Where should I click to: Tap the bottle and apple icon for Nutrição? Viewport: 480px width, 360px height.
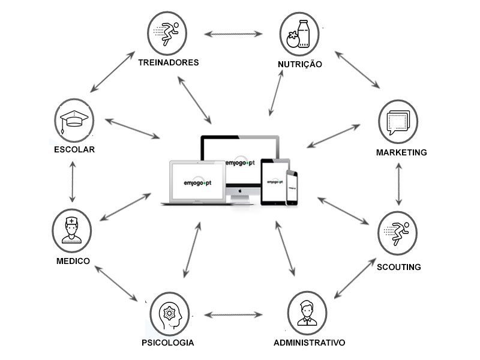(299, 34)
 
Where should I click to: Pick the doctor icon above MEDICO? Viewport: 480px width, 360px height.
(71, 229)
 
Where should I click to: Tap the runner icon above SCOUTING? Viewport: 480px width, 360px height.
(397, 232)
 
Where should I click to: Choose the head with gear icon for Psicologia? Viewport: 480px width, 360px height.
(169, 313)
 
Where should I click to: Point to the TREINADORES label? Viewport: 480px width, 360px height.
(168, 62)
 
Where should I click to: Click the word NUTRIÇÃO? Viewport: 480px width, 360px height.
(300, 64)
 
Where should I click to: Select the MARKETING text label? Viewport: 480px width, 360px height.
(401, 152)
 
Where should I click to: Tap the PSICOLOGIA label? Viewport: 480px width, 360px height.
(169, 343)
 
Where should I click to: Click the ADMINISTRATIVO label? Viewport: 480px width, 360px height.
(309, 343)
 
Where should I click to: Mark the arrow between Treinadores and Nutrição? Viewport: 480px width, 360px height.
(234, 34)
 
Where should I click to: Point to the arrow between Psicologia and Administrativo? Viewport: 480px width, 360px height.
(234, 314)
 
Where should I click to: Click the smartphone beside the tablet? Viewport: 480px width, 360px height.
(292, 187)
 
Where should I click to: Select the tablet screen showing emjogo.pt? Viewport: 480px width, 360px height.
(275, 181)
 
